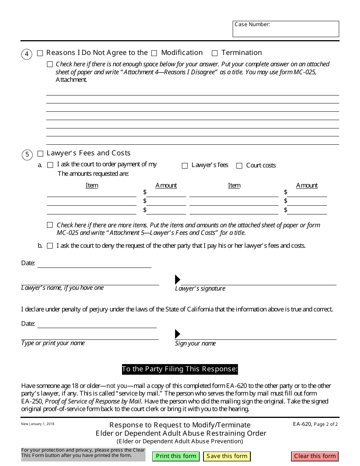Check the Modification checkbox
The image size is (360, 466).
coord(154,53)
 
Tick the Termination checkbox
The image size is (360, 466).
coord(215,53)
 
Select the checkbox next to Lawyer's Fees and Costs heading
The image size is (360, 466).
coord(41,153)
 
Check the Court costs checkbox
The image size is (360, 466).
coord(239,166)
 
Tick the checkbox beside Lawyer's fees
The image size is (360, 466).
coord(185,166)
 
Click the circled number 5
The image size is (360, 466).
coord(27,155)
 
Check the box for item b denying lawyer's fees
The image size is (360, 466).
coord(50,246)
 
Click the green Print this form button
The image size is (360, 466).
coord(176,456)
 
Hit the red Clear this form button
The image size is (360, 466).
coord(315,456)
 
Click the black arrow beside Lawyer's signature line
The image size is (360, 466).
coord(177,280)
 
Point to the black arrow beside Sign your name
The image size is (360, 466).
coord(177,334)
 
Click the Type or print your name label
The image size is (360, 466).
coord(53,343)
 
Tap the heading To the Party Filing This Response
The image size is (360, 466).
coord(180,369)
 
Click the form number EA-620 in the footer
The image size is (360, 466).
coord(302,424)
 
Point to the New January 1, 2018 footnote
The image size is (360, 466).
coord(38,424)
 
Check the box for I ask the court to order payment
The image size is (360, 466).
coord(50,165)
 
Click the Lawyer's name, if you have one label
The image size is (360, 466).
coord(63,288)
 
